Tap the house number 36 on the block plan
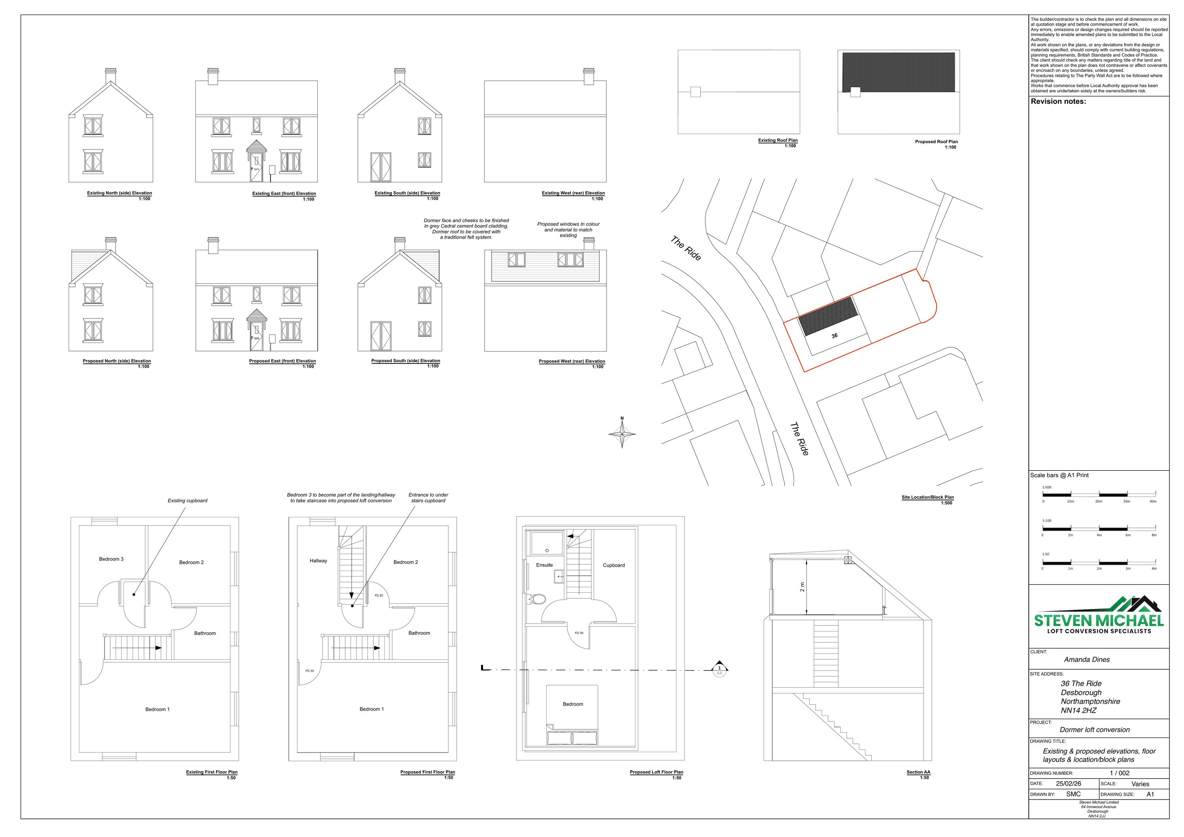click(x=834, y=336)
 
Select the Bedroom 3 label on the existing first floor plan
click(x=111, y=559)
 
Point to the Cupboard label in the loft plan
click(x=614, y=565)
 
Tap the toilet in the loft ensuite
click(x=537, y=599)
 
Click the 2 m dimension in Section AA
click(x=802, y=587)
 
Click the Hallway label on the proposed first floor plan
click(x=318, y=561)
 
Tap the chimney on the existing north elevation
click(x=111, y=76)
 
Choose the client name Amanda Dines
click(x=1087, y=659)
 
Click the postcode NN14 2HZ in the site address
click(x=1078, y=711)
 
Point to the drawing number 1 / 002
click(x=1120, y=773)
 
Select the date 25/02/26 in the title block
click(x=1068, y=783)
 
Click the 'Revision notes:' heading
click(x=1058, y=101)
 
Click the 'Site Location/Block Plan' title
click(x=927, y=497)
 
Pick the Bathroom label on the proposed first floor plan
click(x=419, y=633)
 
